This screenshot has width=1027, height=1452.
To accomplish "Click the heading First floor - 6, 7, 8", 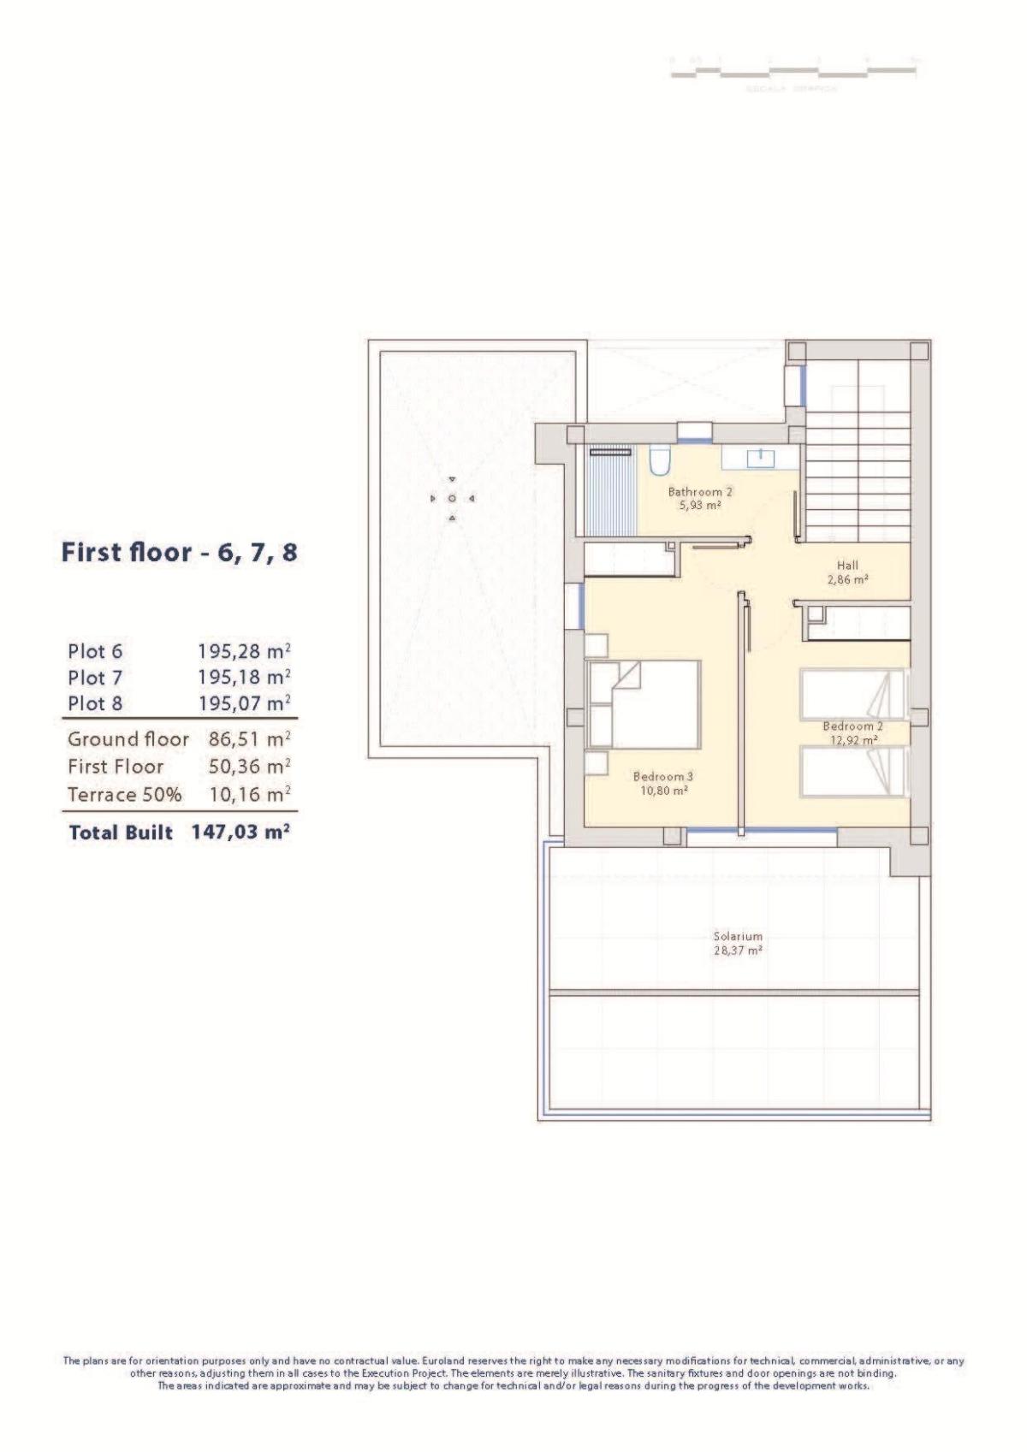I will [x=179, y=552].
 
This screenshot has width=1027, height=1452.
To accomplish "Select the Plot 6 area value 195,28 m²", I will [x=244, y=651].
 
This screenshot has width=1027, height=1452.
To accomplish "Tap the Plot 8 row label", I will [x=95, y=704].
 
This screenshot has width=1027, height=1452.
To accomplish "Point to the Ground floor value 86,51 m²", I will [x=249, y=739].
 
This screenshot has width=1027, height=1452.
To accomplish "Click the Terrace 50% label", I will [x=125, y=795].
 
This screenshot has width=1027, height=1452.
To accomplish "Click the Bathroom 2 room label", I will [x=699, y=498].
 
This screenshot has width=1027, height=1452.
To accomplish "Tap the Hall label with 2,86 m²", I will [x=847, y=572].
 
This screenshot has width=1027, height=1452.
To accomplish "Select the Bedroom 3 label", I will [x=662, y=783].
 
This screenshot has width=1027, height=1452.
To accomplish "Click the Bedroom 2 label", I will [x=852, y=732].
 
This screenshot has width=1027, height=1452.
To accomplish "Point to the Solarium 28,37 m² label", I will [x=738, y=943].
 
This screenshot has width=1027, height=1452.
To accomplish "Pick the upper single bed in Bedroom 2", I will [x=852, y=694].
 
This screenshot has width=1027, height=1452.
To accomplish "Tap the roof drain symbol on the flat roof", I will [x=452, y=498].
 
